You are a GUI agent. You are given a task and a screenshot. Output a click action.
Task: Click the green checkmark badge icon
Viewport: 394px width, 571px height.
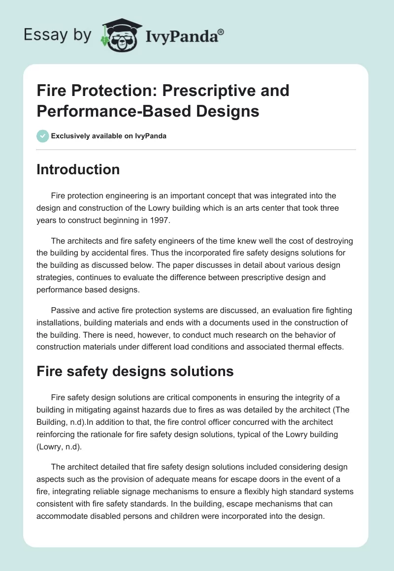pos(43,136)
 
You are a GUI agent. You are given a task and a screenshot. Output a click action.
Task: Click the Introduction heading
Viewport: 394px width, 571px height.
pos(78,169)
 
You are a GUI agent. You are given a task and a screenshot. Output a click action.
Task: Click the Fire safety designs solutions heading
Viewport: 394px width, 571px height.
pos(135,371)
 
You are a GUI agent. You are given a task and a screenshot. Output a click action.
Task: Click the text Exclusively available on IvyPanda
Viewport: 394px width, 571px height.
pos(109,136)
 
